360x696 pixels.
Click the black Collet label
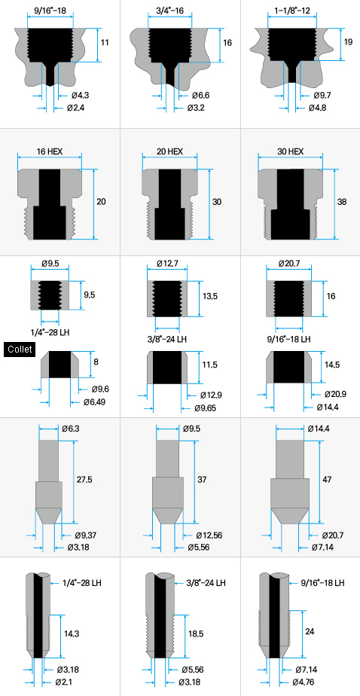(x=20, y=350)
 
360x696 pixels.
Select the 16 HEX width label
(x=49, y=151)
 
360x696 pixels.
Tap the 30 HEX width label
(x=290, y=151)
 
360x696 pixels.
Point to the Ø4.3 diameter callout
(x=80, y=96)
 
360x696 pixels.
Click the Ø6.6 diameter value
(x=200, y=96)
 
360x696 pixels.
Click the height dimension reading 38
(x=341, y=202)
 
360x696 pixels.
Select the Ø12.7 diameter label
(x=167, y=264)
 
